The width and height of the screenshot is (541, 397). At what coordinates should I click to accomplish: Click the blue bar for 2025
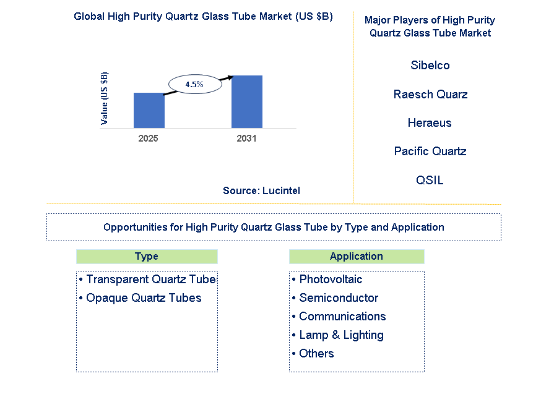click(x=149, y=110)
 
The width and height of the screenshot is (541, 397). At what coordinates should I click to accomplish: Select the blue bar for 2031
click(x=247, y=101)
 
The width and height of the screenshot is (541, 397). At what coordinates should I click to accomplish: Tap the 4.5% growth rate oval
click(x=195, y=84)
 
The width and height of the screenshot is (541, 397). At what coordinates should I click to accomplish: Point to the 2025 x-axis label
click(x=148, y=138)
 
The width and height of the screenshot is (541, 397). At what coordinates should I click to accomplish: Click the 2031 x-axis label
click(x=246, y=138)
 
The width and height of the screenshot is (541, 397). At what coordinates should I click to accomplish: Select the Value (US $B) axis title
click(x=104, y=98)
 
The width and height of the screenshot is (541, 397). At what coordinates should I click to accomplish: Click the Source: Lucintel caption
click(x=261, y=190)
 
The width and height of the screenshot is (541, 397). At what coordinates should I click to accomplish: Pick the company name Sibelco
click(x=430, y=65)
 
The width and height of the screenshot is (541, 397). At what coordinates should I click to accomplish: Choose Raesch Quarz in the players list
click(x=430, y=94)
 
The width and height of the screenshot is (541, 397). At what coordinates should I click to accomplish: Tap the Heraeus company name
click(x=430, y=122)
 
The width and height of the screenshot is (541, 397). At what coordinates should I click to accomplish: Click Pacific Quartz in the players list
click(x=430, y=151)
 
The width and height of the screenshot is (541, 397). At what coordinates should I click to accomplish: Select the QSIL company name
click(x=430, y=180)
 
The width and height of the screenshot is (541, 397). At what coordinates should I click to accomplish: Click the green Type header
click(x=147, y=257)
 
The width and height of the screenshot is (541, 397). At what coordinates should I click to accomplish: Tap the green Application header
click(x=357, y=257)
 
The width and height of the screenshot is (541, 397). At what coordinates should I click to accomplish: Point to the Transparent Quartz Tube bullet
click(x=147, y=279)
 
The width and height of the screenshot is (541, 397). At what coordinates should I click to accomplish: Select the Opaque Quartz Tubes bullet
click(x=140, y=298)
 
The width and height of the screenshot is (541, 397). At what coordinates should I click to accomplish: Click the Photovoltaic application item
click(x=327, y=279)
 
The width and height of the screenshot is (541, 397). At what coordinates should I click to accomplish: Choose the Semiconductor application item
click(x=335, y=298)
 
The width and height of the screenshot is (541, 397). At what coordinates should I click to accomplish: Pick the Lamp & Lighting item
click(x=338, y=335)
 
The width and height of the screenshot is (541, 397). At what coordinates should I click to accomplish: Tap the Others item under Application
click(x=313, y=354)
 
